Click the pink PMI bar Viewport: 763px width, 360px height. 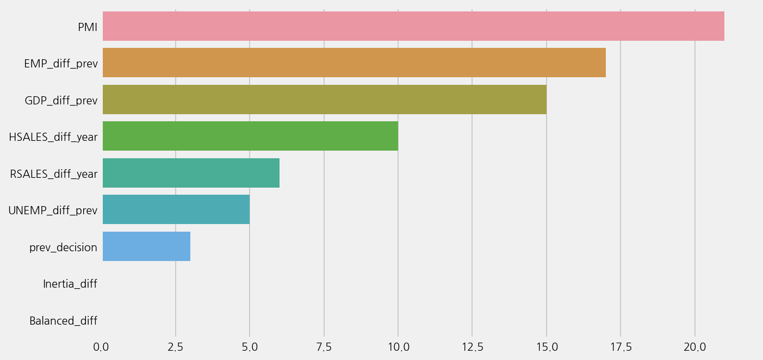(x=413, y=26)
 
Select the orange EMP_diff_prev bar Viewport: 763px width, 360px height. (x=354, y=63)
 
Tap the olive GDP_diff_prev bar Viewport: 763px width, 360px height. (x=325, y=100)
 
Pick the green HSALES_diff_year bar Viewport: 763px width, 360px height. (x=250, y=136)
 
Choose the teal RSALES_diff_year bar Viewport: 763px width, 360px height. (x=191, y=173)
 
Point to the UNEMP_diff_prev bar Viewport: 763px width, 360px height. (x=176, y=209)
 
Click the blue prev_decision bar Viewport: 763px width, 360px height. (x=146, y=246)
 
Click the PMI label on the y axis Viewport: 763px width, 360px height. (x=88, y=27)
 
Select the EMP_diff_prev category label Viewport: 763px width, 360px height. (x=61, y=64)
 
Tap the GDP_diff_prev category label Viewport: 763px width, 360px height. (x=61, y=101)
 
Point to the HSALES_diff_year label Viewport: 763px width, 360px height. (x=53, y=137)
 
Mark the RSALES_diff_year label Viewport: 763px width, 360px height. (x=54, y=174)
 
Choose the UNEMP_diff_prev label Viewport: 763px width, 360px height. (x=53, y=210)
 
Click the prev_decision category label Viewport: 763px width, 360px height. (x=63, y=247)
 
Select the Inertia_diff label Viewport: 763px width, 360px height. (x=70, y=284)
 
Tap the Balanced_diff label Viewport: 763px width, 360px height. (x=63, y=321)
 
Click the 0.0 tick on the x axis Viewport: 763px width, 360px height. (x=101, y=347)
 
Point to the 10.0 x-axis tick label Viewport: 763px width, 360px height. (x=398, y=347)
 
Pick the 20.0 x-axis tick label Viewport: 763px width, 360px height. (x=694, y=347)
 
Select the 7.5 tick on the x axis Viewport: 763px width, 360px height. (x=324, y=347)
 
